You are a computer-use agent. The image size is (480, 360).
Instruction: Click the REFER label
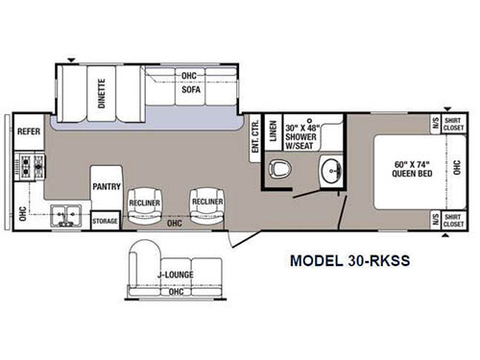click(x=29, y=132)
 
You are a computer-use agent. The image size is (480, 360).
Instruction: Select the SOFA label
click(x=191, y=89)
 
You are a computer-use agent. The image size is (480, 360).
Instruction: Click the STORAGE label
click(x=105, y=221)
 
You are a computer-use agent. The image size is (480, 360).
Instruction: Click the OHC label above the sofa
click(x=188, y=74)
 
